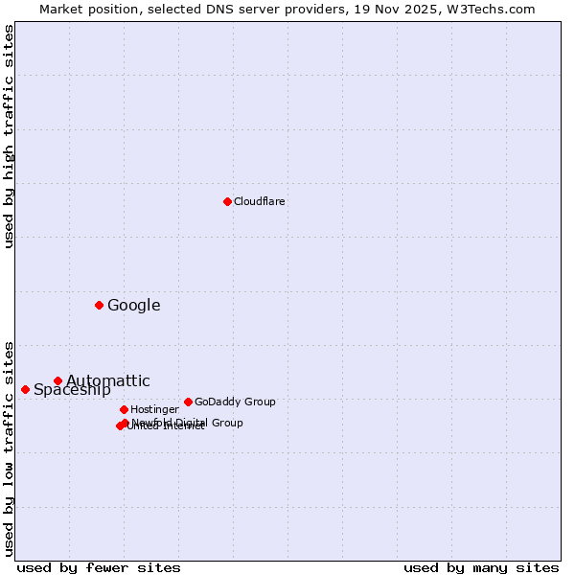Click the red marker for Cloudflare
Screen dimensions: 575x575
[x=227, y=201]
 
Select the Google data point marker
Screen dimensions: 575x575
[x=99, y=305]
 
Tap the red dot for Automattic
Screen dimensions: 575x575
[x=57, y=380]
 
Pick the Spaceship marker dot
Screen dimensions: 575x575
[x=25, y=389]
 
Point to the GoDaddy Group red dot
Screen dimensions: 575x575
[x=188, y=402]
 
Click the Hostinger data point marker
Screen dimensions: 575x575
[x=124, y=409]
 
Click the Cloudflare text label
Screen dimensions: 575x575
[x=259, y=201]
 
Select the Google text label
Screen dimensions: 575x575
[x=133, y=306]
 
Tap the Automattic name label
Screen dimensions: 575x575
[x=107, y=380]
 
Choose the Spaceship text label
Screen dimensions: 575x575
[x=72, y=389]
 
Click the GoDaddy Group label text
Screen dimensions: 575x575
[x=235, y=402]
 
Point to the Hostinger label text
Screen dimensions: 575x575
[x=154, y=409]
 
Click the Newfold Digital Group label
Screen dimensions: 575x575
[x=188, y=422]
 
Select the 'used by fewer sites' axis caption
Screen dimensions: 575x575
[x=99, y=567]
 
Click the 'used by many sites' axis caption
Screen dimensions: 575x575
[x=481, y=567]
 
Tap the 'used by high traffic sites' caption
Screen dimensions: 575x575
[x=10, y=136]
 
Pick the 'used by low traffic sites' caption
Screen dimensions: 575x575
[x=10, y=448]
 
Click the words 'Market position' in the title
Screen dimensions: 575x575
[x=83, y=9]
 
